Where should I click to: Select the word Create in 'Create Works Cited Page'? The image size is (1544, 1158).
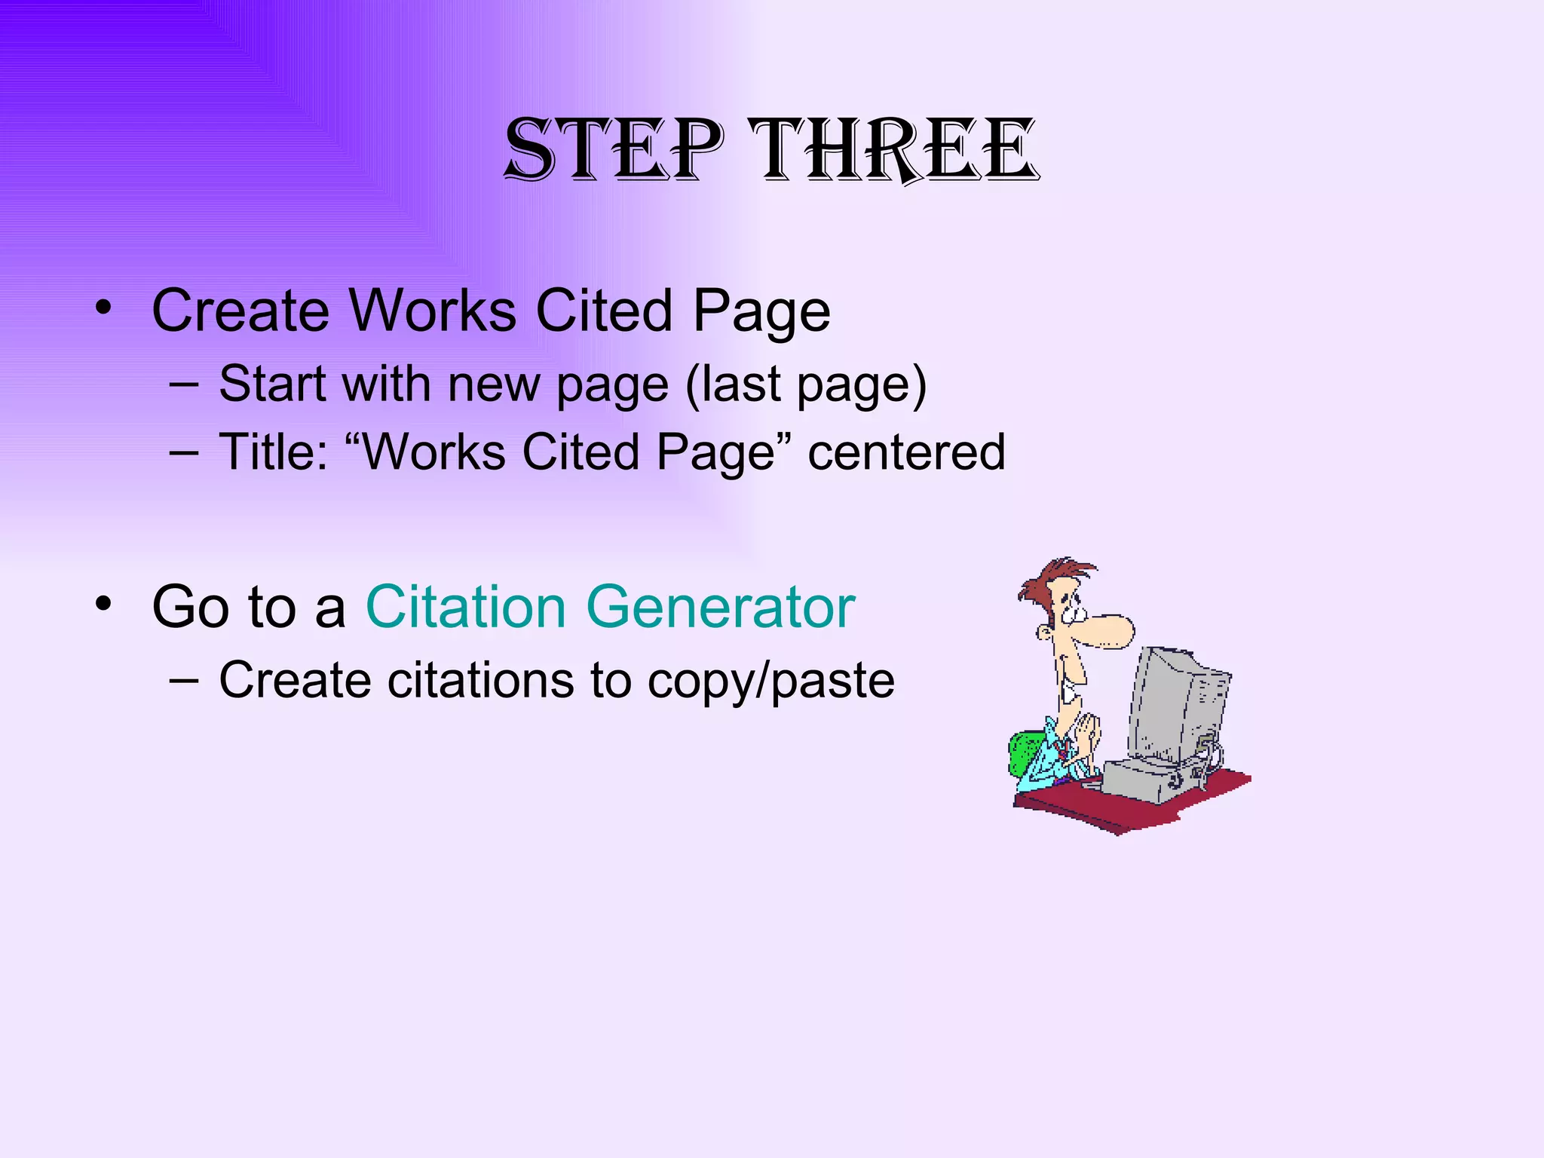pyautogui.click(x=240, y=310)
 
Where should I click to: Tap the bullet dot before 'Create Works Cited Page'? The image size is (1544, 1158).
pyautogui.click(x=104, y=308)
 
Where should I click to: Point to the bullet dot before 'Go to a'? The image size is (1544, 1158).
pyautogui.click(x=104, y=604)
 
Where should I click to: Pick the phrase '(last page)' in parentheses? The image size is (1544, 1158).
pyautogui.click(x=806, y=384)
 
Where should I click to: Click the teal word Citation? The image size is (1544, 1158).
pyautogui.click(x=465, y=606)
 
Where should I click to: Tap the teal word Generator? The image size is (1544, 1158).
pyautogui.click(x=721, y=606)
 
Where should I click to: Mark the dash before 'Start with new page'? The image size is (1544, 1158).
pyautogui.click(x=185, y=383)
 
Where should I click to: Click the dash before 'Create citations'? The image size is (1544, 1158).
pyautogui.click(x=185, y=679)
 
